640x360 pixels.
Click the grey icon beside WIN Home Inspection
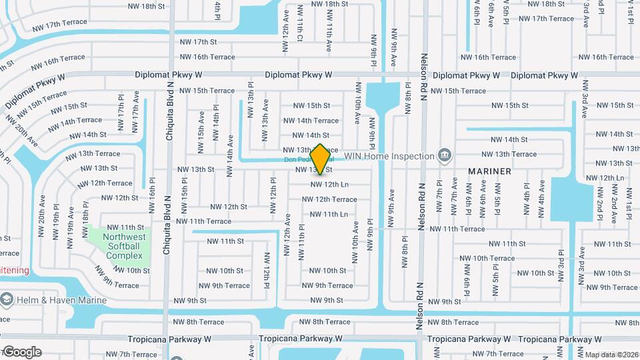click(444, 156)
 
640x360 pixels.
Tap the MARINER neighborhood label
click(489, 171)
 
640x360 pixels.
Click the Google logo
click(21, 351)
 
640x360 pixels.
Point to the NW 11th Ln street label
click(329, 214)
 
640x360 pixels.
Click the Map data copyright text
click(611, 355)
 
